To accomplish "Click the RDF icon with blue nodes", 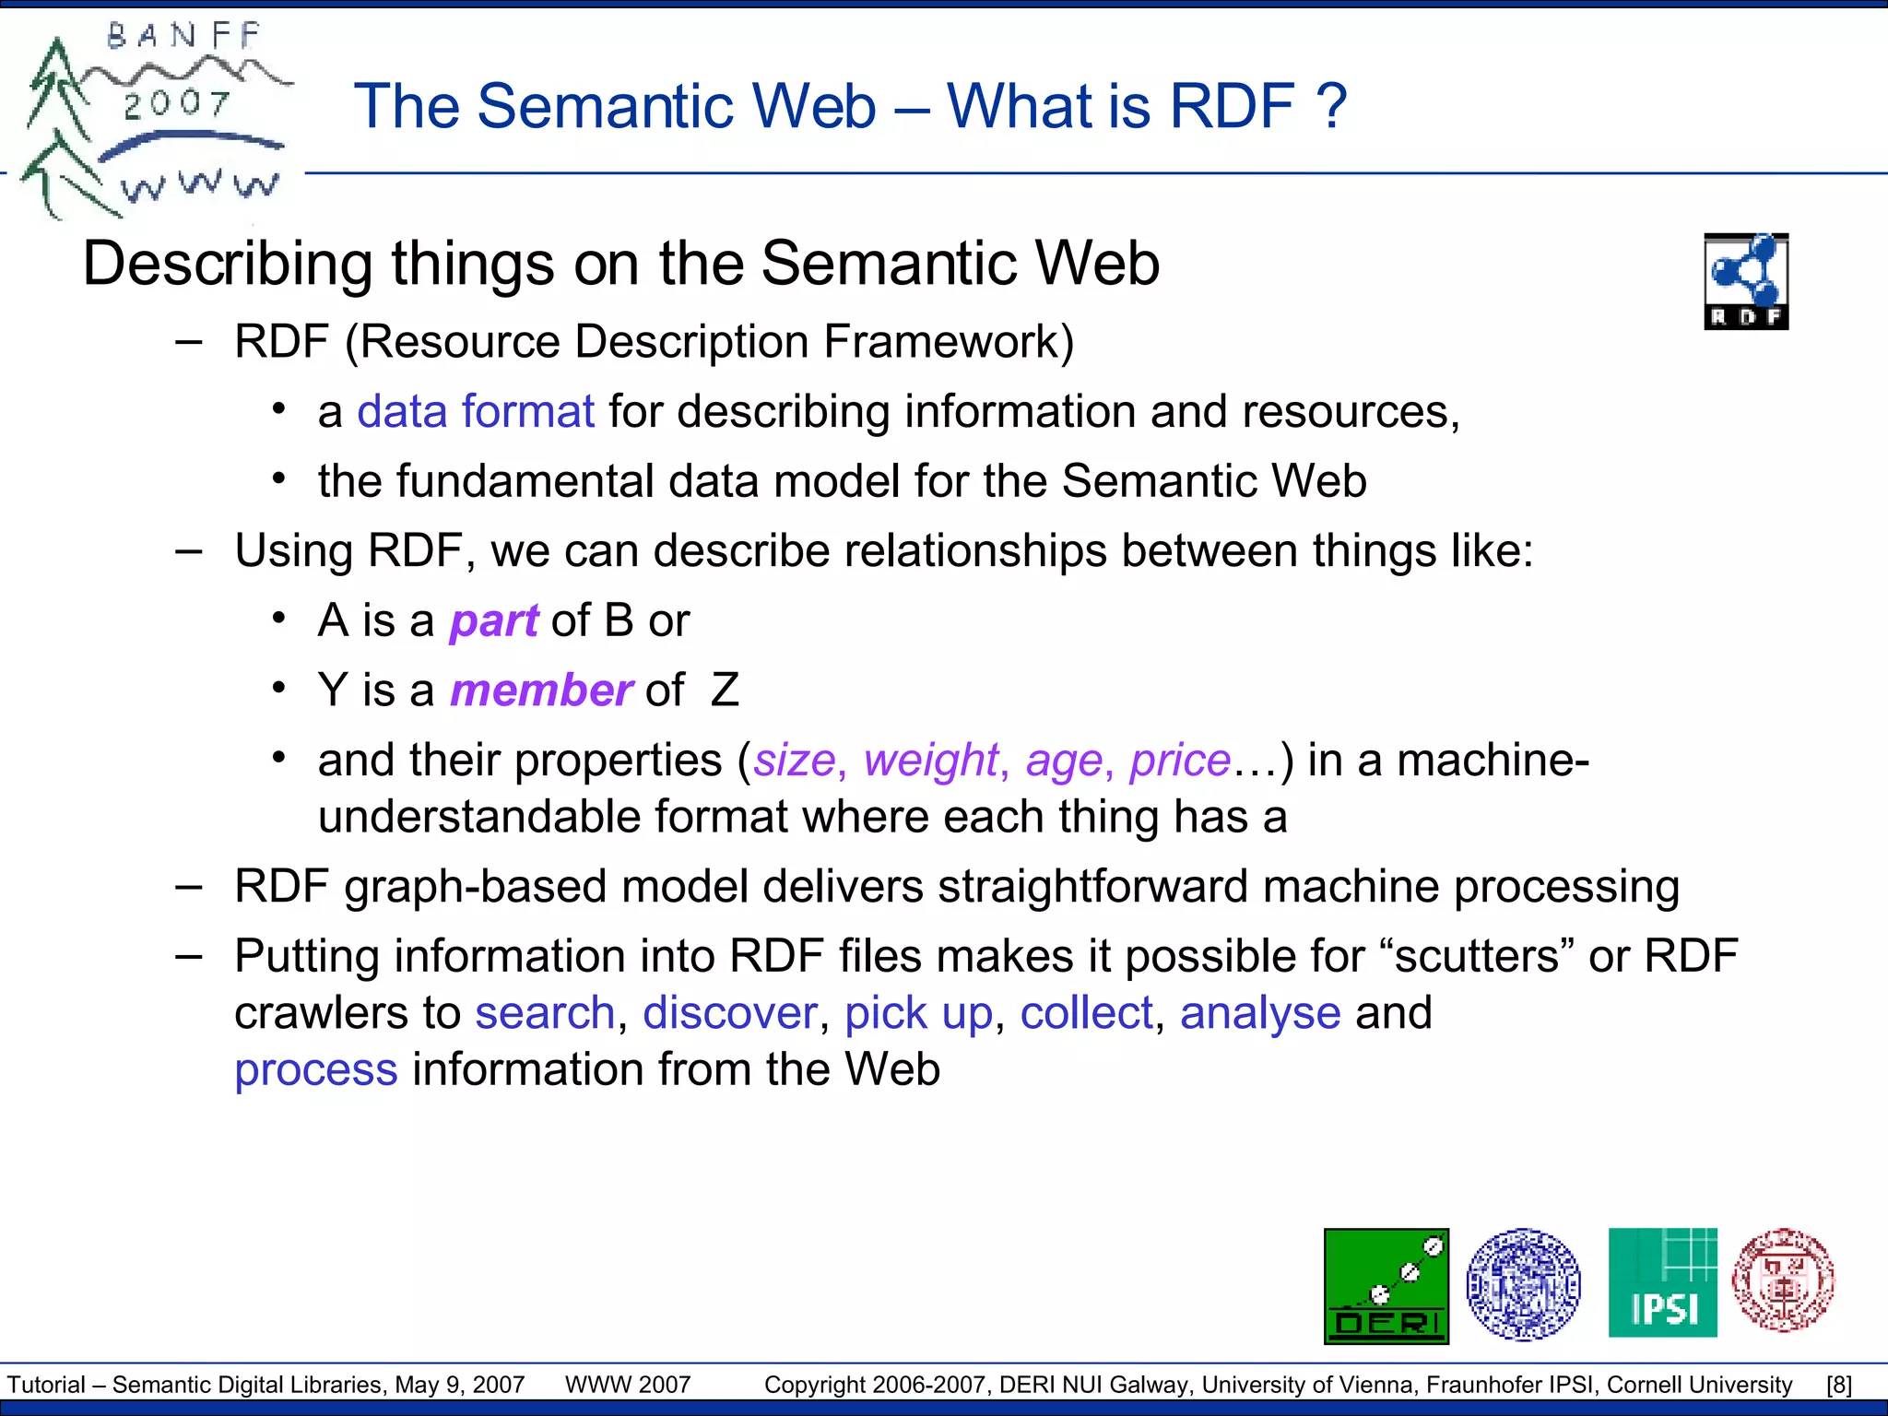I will click(1746, 280).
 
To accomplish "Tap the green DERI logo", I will click(1386, 1285).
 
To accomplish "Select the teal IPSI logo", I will click(1662, 1282).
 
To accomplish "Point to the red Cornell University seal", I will click(1783, 1280).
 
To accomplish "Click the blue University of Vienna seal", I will click(1523, 1283).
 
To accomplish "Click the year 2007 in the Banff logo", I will click(177, 103).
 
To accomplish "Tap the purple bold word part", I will click(493, 621).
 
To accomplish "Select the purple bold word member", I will click(540, 690).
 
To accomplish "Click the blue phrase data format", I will click(475, 411).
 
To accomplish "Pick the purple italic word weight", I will click(931, 761).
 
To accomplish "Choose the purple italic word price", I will click(1179, 761).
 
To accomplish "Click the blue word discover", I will click(729, 1013).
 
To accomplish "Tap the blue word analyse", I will click(1259, 1013).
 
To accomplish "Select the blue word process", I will click(315, 1070).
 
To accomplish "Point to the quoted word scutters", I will click(1476, 956).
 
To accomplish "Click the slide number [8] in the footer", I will click(1838, 1385).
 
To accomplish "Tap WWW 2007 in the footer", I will click(627, 1385).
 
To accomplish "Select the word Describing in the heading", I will click(227, 265).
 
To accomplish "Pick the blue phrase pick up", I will click(918, 1013).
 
